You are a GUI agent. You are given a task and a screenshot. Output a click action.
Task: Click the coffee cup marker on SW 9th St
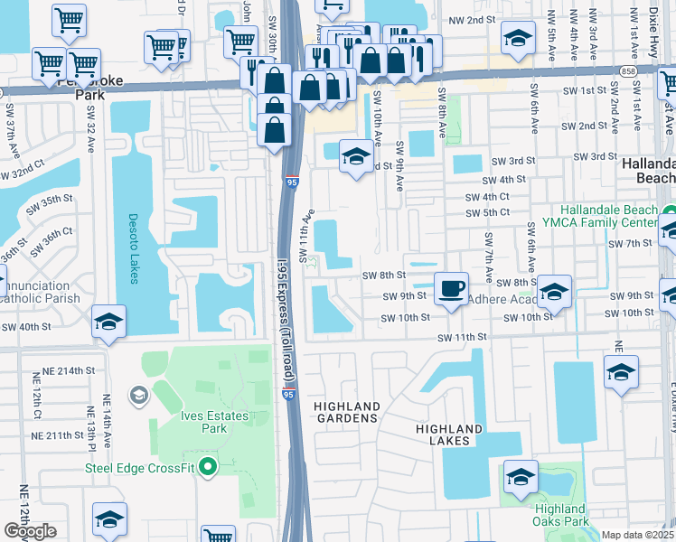coord(452,289)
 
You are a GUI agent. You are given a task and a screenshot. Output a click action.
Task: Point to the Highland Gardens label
coord(345,413)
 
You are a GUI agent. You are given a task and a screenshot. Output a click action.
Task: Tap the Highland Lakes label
coord(449,435)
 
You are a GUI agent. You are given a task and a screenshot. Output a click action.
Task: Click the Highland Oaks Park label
coord(559,515)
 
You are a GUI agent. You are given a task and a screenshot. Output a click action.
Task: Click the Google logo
coord(30,531)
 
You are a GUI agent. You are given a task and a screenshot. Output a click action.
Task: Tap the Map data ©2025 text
coord(638,535)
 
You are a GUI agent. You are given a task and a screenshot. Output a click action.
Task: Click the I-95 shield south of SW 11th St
coord(287,395)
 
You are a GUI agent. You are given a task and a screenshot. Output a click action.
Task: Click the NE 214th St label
coord(70,370)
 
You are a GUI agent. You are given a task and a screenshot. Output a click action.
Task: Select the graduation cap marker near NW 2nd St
coord(518,40)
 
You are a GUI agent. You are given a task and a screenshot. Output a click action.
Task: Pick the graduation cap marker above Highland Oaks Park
coord(521,476)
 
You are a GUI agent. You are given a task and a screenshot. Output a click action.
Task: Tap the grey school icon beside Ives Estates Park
coord(138,394)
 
